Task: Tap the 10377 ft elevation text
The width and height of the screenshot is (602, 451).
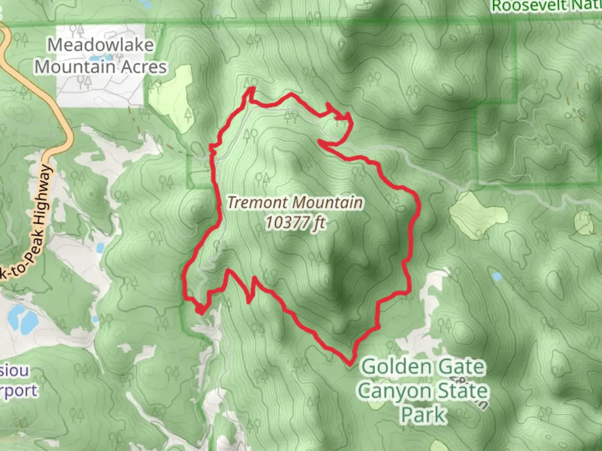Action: tap(296, 223)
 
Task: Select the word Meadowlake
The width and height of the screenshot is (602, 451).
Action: tap(100, 45)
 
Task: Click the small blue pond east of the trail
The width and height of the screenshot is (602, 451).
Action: tap(497, 276)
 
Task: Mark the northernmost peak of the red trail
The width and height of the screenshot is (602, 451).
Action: tap(252, 88)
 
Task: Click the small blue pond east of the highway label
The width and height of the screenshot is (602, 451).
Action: tap(100, 248)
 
